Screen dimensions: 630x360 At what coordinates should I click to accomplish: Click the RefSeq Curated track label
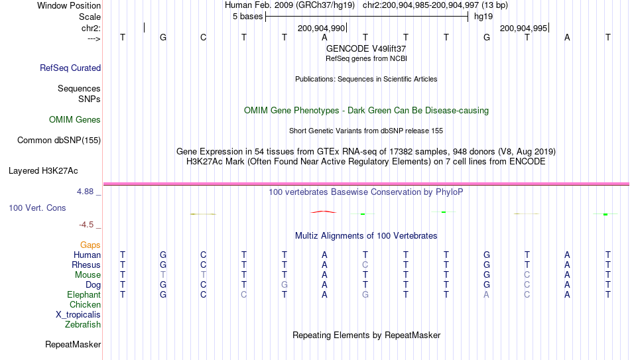coord(70,68)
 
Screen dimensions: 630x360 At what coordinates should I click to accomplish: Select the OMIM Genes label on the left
coord(75,120)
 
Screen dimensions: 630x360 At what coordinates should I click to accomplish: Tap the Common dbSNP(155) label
coord(59,141)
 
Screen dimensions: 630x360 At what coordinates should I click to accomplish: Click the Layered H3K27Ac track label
coord(43,171)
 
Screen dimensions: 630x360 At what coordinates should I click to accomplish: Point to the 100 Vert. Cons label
coord(37,208)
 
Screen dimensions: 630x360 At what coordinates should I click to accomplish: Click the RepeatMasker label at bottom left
coord(73,344)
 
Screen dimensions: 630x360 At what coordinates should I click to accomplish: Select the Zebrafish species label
coord(83,324)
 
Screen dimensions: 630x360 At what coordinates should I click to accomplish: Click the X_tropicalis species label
coord(78,315)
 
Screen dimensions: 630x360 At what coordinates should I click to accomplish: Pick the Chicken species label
coord(85,304)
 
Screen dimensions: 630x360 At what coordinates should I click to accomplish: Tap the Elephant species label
coord(84,294)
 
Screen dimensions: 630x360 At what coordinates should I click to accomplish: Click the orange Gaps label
coord(90,245)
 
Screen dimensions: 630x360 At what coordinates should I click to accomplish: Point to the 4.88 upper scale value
coord(85,192)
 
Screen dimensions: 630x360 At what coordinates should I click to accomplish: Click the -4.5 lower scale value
coord(86,225)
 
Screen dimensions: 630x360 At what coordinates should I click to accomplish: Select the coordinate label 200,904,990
coord(322,28)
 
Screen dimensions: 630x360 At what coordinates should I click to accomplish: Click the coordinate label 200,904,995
coord(523,28)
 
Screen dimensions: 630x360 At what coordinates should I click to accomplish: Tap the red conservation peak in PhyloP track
coord(324,211)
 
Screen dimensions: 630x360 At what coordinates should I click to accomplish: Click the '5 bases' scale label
coord(247,17)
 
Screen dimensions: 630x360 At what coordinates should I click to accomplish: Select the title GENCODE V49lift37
coord(366,48)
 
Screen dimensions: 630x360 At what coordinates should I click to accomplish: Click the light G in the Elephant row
coord(365,294)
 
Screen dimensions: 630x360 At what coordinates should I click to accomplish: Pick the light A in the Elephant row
coord(486,294)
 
